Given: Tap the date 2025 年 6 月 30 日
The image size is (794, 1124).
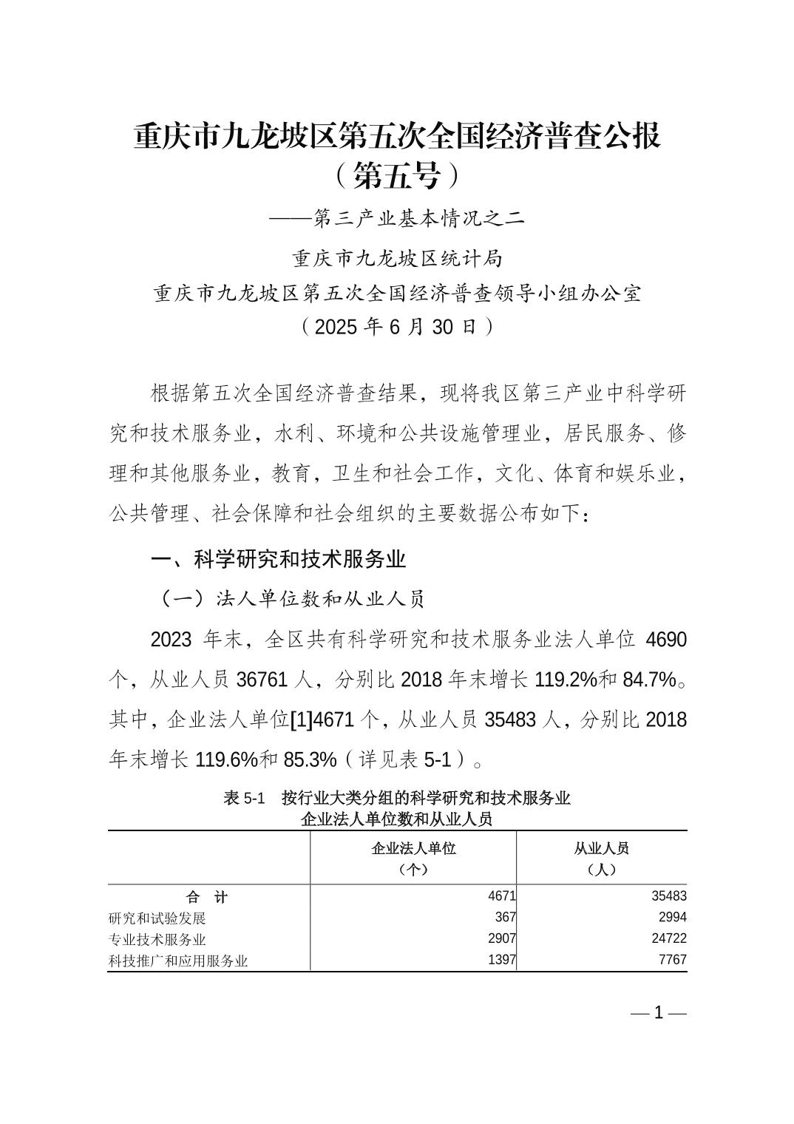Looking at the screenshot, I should (x=397, y=327).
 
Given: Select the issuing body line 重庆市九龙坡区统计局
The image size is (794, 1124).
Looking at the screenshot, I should (x=397, y=258).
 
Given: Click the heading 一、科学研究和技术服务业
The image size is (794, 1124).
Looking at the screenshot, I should (x=278, y=559).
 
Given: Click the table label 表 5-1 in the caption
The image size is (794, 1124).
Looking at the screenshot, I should (x=244, y=799).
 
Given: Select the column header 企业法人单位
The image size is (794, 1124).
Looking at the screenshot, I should (x=413, y=848).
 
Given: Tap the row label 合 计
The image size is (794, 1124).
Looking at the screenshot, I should (x=208, y=897).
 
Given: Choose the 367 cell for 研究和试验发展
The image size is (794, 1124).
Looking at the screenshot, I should (x=505, y=918).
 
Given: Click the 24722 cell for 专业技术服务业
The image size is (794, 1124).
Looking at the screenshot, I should (x=668, y=939).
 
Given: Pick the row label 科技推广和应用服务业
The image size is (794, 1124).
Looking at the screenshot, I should (x=178, y=961).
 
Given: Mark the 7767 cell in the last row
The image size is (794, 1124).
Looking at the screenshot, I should (x=672, y=960).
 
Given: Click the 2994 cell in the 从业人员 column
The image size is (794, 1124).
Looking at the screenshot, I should (x=672, y=918).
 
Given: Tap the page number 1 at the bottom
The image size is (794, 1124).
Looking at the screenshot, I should (x=659, y=1013).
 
